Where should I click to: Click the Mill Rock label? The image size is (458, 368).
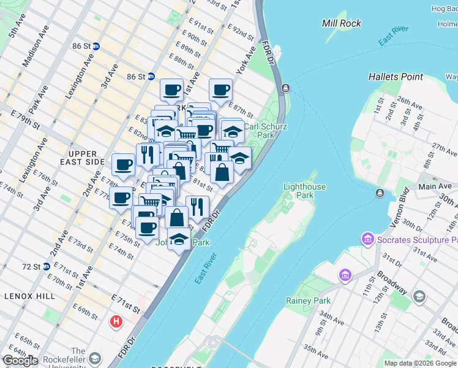coord(342,23)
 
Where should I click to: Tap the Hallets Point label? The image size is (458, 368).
coord(396,77)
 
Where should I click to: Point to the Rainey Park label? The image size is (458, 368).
coord(308,301)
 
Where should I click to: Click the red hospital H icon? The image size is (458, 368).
coord(114,321)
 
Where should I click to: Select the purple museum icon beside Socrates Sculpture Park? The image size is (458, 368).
coord(368,237)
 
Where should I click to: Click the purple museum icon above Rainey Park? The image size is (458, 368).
coord(345,274)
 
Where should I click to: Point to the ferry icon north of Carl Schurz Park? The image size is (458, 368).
coord(285,88)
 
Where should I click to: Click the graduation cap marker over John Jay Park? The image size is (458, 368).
coord(179,239)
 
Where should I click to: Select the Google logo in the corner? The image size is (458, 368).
coord(20,361)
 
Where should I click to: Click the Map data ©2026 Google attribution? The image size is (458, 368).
coord(420,363)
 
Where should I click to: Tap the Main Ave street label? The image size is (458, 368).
coord(435,186)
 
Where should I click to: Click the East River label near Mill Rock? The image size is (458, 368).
coord(393,37)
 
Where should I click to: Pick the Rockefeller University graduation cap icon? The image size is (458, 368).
coord(95,358)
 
